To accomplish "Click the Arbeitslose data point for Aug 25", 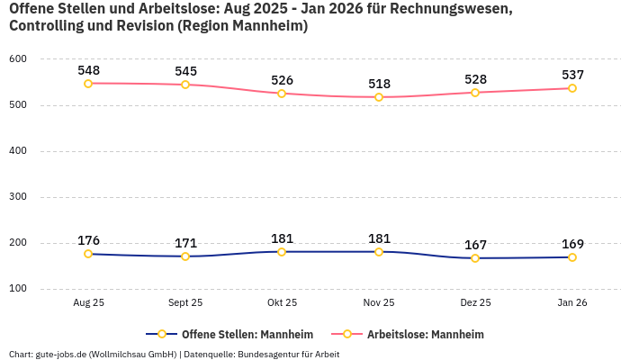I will pos(88,84).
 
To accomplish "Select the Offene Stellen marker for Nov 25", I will pos(379,252).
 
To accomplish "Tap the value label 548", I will pos(88,69).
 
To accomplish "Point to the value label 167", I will pos(475,245).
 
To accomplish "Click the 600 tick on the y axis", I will pos(18,59).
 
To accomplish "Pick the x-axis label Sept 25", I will pos(185,303).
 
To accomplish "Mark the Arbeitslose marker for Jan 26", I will pos(572,88).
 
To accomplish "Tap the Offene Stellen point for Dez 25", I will pos(475,258).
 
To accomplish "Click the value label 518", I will pos(379,84).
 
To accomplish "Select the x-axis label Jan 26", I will pos(572,303).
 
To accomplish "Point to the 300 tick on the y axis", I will pos(18,197).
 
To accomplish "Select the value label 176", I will pos(88,240).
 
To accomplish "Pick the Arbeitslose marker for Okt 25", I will pos(282,94).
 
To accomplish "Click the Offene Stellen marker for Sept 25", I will pos(185,256).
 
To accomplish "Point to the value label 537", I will pos(572,75).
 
